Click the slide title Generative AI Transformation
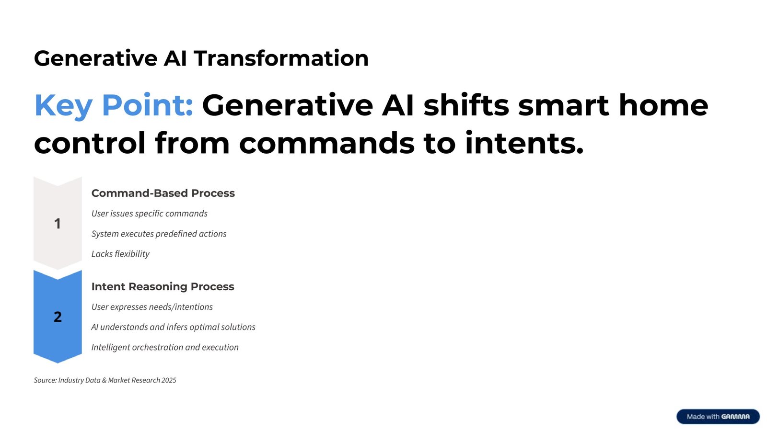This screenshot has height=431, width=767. tap(201, 58)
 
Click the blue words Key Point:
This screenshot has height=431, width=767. tap(114, 105)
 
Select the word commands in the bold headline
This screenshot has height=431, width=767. tap(326, 143)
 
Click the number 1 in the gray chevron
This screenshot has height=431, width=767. tap(58, 224)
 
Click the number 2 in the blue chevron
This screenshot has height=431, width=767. tap(58, 317)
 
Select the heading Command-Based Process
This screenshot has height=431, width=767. tap(163, 193)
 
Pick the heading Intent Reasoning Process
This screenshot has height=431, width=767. tap(163, 286)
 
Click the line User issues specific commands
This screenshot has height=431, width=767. tap(149, 214)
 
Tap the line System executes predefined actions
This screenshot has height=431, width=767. tap(159, 234)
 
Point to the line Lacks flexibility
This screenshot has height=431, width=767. tap(120, 254)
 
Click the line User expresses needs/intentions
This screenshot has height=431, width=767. tap(152, 307)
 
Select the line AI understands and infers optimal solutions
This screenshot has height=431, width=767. tap(173, 327)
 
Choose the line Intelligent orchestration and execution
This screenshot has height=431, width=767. tap(165, 347)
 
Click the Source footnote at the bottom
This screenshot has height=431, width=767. tap(105, 380)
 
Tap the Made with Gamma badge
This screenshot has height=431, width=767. tap(718, 417)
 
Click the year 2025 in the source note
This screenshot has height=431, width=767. tap(169, 380)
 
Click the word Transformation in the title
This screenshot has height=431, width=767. tap(281, 58)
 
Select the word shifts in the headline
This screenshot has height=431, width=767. tap(466, 105)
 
